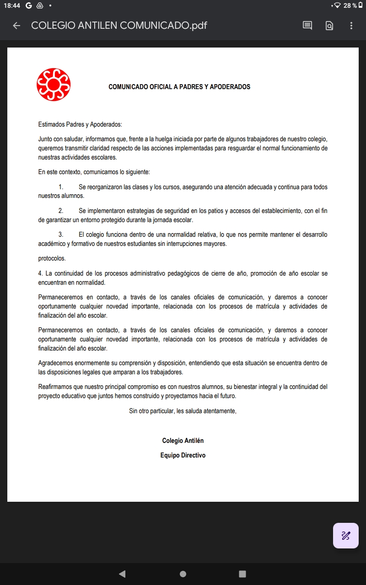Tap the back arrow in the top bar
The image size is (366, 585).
pos(16,26)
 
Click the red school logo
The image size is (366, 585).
pos(54,85)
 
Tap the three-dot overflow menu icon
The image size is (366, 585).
pos(351,26)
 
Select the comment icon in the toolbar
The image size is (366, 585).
pos(307,26)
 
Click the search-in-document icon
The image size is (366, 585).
pos(329,26)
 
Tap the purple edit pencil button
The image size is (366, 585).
pos(345,535)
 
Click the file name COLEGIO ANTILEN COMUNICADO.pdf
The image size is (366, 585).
pos(119,26)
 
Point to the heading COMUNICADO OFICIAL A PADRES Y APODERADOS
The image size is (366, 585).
pos(179,87)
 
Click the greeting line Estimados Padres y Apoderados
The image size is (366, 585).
pos(80,124)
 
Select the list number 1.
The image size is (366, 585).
pos(60,187)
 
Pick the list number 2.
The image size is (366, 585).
pos(60,211)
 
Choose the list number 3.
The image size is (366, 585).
pos(60,234)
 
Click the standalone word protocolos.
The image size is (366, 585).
pos(52,258)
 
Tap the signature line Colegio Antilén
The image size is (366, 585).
pos(183,441)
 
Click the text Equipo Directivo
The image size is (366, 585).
pos(183,455)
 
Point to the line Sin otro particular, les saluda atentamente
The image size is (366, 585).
pos(183,411)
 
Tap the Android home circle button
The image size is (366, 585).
pos(183,574)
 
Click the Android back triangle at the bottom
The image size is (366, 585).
pos(122,574)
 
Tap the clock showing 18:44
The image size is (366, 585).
pos(12,5)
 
